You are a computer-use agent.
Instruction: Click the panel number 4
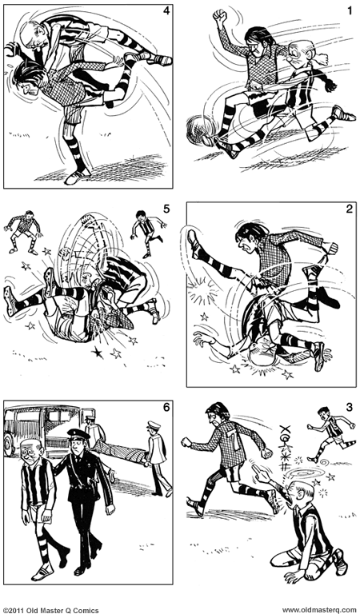tap(166, 10)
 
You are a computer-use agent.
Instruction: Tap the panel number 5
tap(166, 209)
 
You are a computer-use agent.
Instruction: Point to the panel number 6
tap(166, 408)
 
